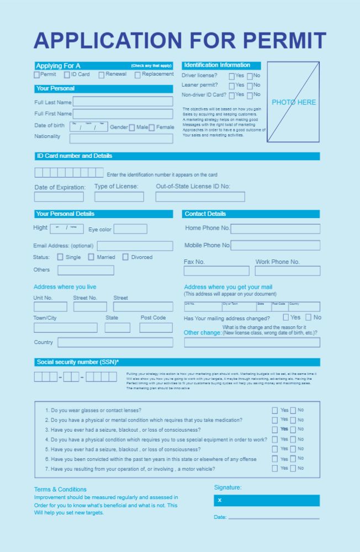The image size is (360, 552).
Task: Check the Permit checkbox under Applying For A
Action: pos(37,75)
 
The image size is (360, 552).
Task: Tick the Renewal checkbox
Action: pos(102,75)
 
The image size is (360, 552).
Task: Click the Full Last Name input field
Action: pos(123,102)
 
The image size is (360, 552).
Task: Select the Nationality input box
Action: pos(121,138)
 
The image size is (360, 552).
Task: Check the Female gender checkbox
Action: pos(151,128)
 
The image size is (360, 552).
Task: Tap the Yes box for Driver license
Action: pos(232,76)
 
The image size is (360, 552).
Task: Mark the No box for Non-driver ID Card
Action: pos(250,95)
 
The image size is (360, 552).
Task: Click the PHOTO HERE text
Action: pos(294,102)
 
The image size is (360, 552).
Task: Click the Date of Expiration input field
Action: pos(59,197)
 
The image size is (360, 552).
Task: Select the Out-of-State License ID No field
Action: pos(200,197)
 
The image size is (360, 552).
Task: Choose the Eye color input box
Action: pos(130,229)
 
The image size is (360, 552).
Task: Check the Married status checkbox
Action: pos(91,257)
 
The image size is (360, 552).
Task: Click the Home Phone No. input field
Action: pos(275,229)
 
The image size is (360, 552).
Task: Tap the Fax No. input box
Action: pos(216,271)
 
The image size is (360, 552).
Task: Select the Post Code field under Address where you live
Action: pos(156,328)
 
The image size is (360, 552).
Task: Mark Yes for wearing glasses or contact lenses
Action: pos(274,410)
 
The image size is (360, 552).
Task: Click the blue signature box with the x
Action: pos(267,500)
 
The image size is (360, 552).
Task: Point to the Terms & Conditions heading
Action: pos(60,489)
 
